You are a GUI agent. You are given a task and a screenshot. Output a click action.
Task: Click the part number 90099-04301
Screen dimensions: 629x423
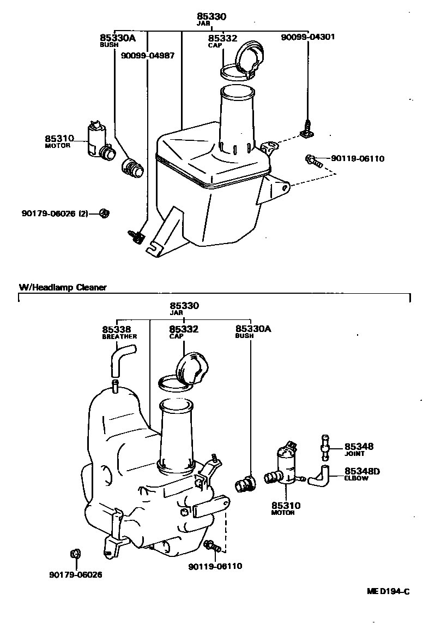tap(307, 37)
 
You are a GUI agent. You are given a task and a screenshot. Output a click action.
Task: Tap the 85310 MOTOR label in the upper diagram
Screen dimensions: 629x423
tap(58, 141)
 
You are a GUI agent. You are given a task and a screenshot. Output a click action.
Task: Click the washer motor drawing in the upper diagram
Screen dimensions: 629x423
tap(98, 141)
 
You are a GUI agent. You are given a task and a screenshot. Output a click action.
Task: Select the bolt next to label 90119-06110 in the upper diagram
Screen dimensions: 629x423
tap(313, 160)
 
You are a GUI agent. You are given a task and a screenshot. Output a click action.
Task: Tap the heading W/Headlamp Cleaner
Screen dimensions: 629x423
tap(63, 287)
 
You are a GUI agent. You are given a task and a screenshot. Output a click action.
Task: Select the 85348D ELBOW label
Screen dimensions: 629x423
tap(361, 473)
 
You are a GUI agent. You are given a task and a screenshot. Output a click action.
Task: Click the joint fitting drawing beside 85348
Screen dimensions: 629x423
tap(325, 448)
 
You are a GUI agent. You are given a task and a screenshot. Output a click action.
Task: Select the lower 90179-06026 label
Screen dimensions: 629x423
tap(75, 574)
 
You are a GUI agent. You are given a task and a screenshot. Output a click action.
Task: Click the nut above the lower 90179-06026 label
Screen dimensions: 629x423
tap(76, 555)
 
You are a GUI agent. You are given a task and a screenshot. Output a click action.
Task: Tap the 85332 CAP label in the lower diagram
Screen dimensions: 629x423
tap(183, 331)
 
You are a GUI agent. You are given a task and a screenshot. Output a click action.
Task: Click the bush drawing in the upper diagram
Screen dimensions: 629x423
tap(132, 167)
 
